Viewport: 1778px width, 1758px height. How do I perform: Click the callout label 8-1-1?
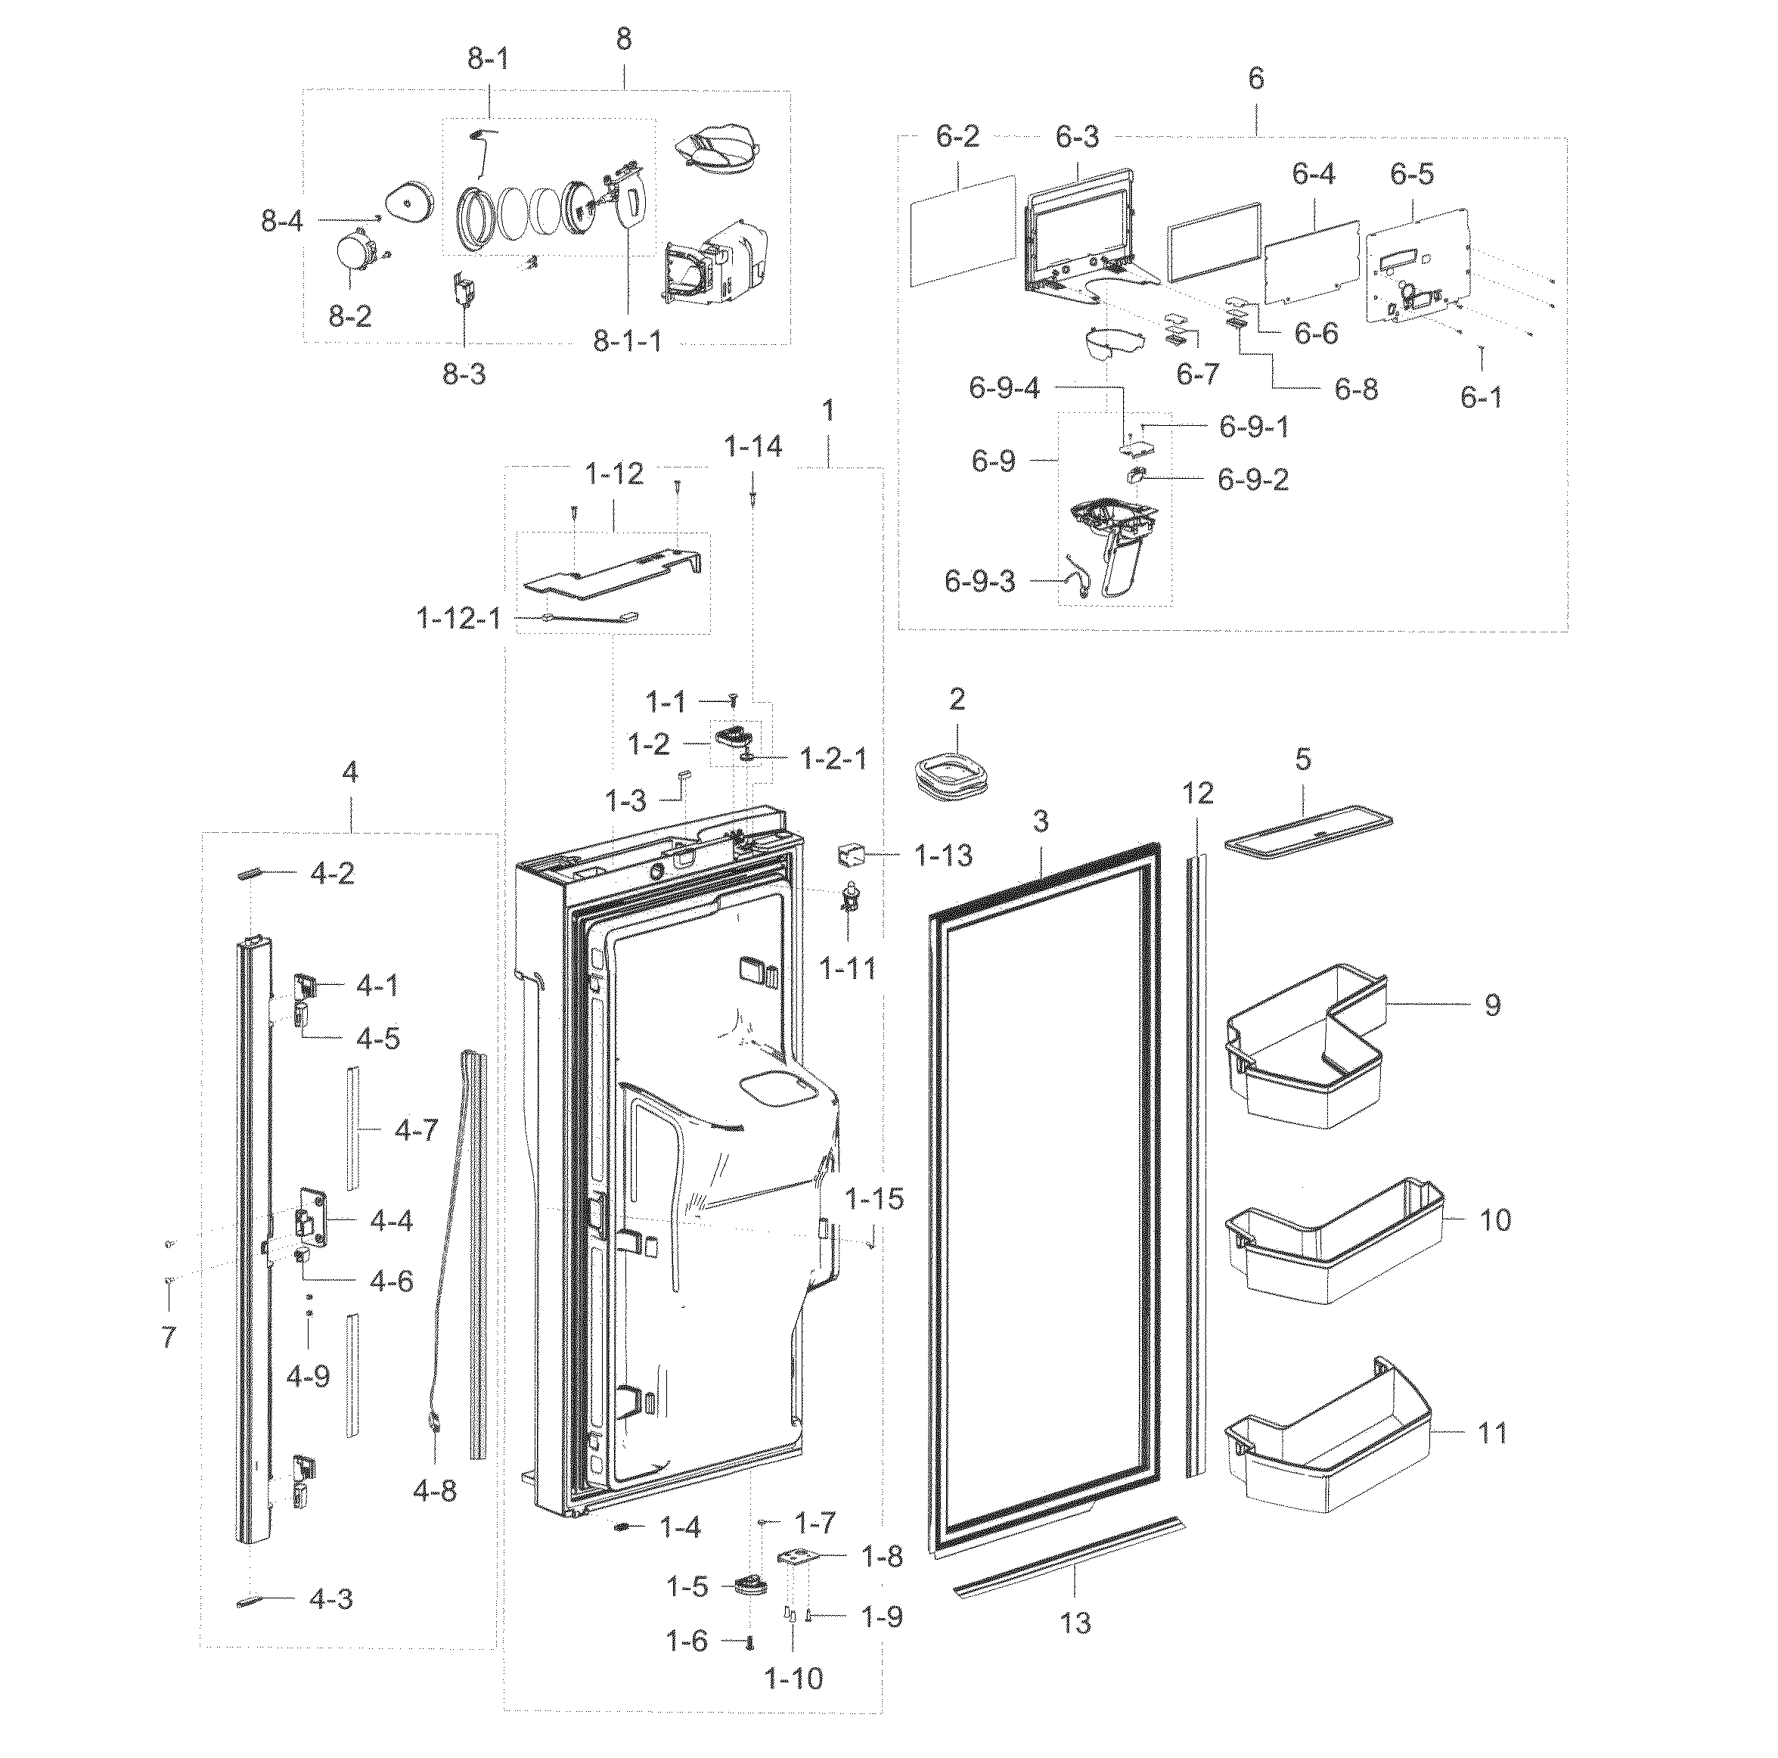coord(627,343)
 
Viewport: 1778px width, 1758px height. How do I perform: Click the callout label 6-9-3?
coord(979,582)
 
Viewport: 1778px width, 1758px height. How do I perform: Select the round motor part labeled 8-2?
coord(353,251)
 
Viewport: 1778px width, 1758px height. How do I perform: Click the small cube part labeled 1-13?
coord(849,856)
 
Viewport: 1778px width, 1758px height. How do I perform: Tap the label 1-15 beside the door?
coord(874,1198)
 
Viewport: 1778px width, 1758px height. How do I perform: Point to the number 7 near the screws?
coord(169,1337)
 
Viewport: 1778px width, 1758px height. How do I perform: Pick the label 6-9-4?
coord(1004,388)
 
